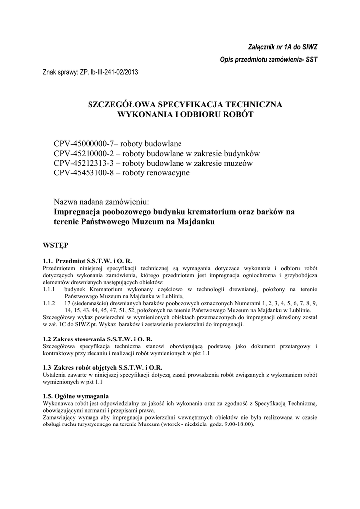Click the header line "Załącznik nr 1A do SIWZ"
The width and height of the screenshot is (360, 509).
coord(282,47)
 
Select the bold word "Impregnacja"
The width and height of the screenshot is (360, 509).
coord(76,212)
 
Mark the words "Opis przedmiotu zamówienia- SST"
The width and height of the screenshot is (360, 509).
coord(269,60)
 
